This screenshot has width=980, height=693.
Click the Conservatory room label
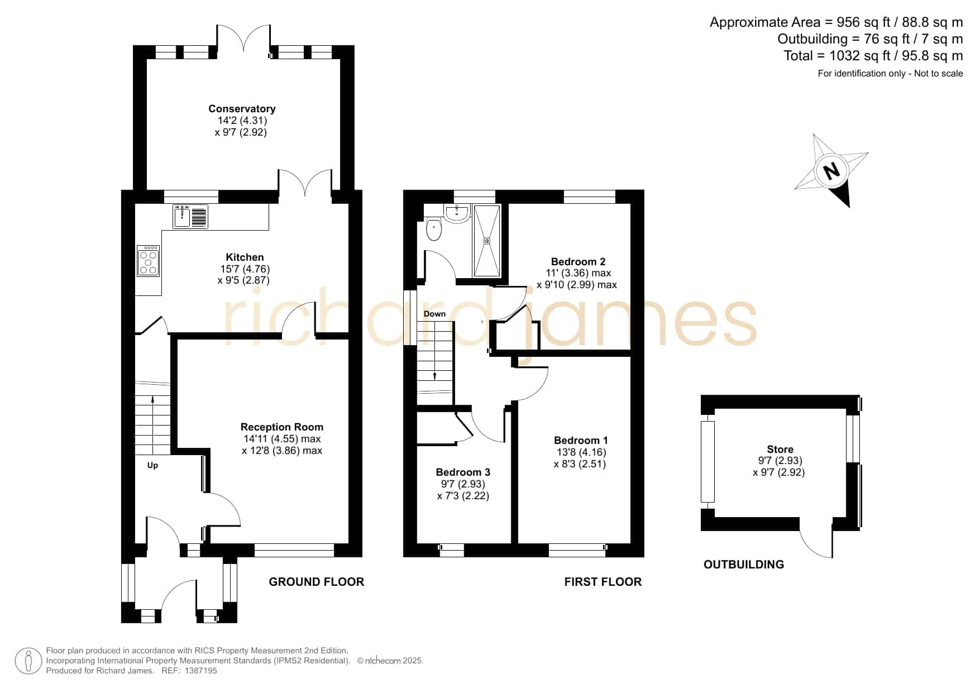(x=242, y=109)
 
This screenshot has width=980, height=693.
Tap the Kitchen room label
(x=245, y=257)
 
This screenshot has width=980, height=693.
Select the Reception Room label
(x=282, y=427)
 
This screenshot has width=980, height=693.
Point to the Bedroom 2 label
(x=578, y=262)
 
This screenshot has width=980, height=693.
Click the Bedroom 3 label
(x=463, y=472)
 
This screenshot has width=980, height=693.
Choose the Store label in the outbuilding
(x=780, y=450)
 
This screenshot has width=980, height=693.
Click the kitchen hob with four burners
(x=149, y=261)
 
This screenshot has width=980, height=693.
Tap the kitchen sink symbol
(x=190, y=216)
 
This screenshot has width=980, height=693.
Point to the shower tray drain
(x=487, y=241)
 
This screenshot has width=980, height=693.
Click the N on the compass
(x=832, y=170)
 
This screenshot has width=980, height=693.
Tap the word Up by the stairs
(x=152, y=465)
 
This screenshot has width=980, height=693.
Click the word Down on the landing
(x=434, y=314)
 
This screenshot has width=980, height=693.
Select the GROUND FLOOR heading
(x=317, y=582)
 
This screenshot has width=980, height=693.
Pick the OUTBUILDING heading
(x=744, y=565)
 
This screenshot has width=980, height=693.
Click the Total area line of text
(x=873, y=56)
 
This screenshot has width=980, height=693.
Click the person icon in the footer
(x=28, y=661)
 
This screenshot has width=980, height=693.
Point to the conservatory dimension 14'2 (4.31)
(x=242, y=121)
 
